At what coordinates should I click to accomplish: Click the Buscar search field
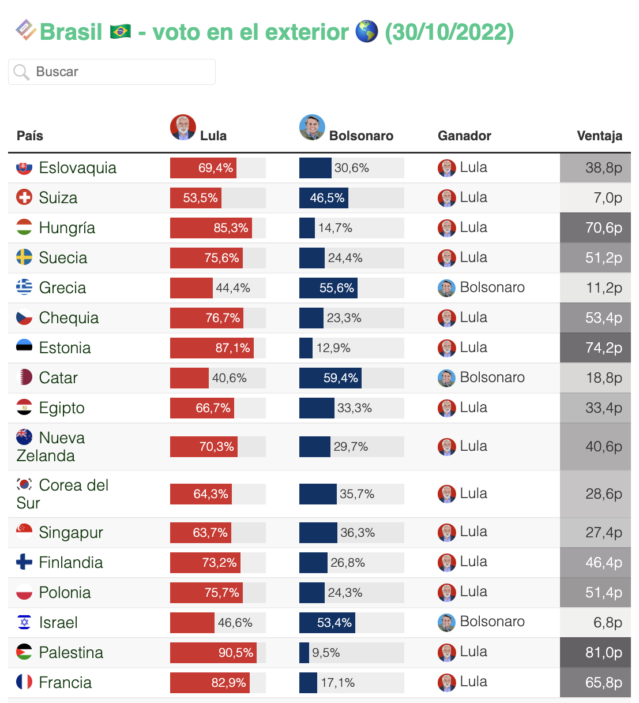[112, 72]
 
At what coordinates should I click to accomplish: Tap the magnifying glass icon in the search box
[21, 72]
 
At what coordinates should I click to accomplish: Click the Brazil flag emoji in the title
[120, 32]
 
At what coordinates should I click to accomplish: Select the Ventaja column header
[599, 136]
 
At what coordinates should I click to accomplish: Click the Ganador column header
[464, 136]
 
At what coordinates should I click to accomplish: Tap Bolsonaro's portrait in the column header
[312, 127]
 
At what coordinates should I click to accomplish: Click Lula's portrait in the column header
[183, 127]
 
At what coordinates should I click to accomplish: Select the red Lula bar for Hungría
[211, 228]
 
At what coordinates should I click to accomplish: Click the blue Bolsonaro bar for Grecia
[328, 288]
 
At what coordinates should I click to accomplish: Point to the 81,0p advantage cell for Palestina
[595, 653]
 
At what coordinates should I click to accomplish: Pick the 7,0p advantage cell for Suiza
[595, 197]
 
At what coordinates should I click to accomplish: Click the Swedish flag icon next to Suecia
[24, 257]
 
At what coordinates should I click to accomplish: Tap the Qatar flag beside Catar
[24, 377]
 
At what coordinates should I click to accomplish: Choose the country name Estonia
[65, 348]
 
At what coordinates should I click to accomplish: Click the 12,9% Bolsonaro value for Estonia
[333, 348]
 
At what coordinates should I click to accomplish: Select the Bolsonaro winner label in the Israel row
[492, 622]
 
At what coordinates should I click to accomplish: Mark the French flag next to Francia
[24, 682]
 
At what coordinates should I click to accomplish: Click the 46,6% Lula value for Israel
[235, 623]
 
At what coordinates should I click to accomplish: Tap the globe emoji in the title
[366, 32]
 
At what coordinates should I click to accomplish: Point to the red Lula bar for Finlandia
[205, 563]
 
